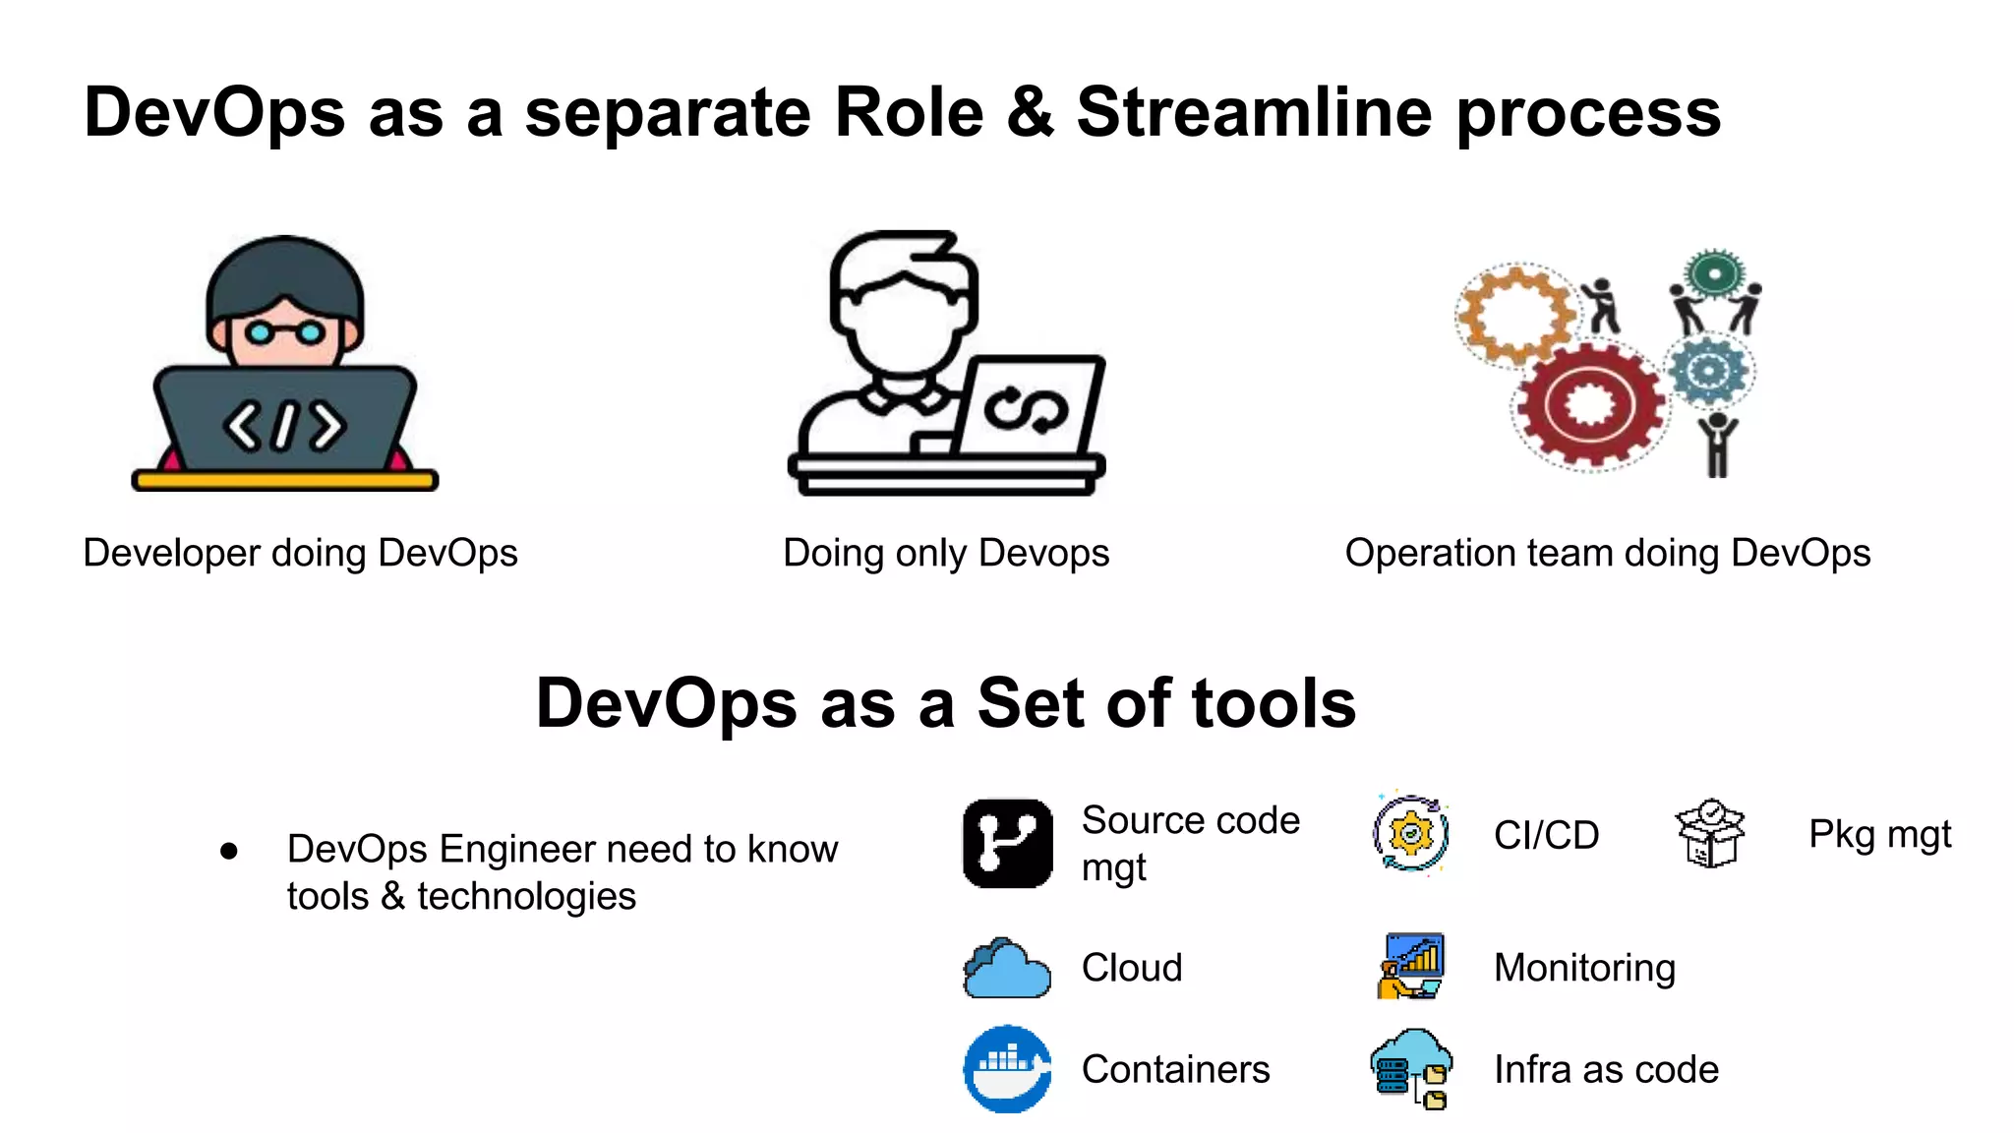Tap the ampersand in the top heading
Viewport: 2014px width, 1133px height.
coord(1030,112)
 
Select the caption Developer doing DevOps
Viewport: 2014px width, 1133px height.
coord(300,553)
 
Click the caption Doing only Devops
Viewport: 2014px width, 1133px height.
coord(946,553)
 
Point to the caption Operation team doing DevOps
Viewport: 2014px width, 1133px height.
coord(1608,553)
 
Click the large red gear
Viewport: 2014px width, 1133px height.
coord(1588,405)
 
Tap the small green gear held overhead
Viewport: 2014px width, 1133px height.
coord(1714,273)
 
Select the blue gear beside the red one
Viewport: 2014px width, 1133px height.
coord(1710,370)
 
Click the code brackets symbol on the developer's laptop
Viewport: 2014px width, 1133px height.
coord(285,426)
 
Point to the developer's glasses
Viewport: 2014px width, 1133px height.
coord(285,333)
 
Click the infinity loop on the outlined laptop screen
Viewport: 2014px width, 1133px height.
coord(1026,410)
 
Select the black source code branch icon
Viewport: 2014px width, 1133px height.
coord(1008,843)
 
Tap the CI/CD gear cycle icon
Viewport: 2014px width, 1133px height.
coord(1411,834)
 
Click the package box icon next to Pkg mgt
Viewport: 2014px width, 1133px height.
coord(1710,833)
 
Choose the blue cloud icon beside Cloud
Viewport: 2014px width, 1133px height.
coord(1006,969)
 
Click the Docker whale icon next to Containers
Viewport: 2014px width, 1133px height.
coord(1007,1069)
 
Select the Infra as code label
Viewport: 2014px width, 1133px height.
coord(1606,1069)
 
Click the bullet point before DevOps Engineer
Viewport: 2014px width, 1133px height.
coord(229,851)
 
